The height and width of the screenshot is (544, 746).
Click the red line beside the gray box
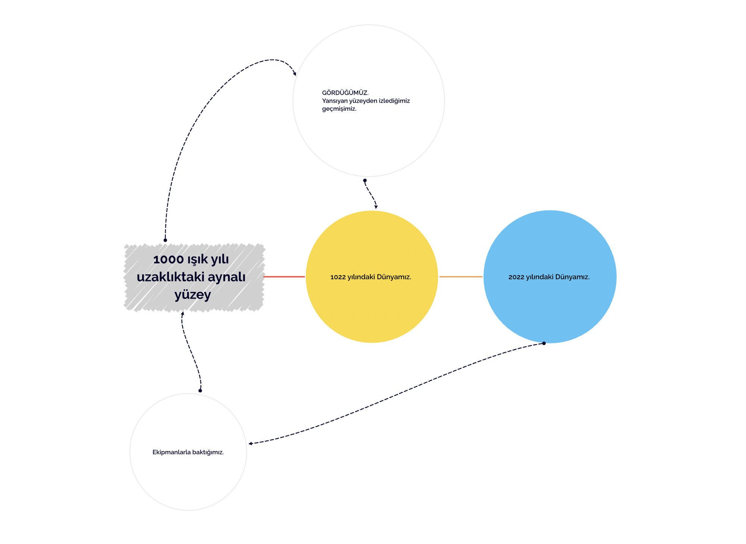pyautogui.click(x=284, y=277)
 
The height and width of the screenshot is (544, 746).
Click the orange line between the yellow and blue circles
pyautogui.click(x=461, y=277)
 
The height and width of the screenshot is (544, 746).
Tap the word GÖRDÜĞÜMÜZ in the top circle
pyautogui.click(x=345, y=93)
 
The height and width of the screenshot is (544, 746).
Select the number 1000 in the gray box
pyautogui.click(x=169, y=259)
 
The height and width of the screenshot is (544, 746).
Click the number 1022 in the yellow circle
pyautogui.click(x=338, y=277)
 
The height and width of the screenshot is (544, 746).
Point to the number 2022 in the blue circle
pyautogui.click(x=516, y=277)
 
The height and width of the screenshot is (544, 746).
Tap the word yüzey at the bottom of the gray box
pyautogui.click(x=193, y=295)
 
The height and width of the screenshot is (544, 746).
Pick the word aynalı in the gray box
pyautogui.click(x=226, y=277)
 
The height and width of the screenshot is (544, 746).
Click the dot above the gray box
pyautogui.click(x=165, y=240)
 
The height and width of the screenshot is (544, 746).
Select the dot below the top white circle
pyautogui.click(x=365, y=180)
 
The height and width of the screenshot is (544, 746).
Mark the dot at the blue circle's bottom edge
pyautogui.click(x=544, y=343)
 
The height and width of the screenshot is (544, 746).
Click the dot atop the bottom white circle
pyautogui.click(x=200, y=391)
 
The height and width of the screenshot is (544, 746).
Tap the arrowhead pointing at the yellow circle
pyautogui.click(x=376, y=207)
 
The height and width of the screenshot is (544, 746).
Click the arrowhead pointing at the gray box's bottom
pyautogui.click(x=182, y=314)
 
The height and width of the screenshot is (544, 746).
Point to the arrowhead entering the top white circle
pyautogui.click(x=295, y=74)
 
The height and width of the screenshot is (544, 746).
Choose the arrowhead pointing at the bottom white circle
pyautogui.click(x=250, y=443)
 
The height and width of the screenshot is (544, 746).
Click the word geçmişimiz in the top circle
pyautogui.click(x=339, y=109)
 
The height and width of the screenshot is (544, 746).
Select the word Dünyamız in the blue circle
pyautogui.click(x=572, y=277)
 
